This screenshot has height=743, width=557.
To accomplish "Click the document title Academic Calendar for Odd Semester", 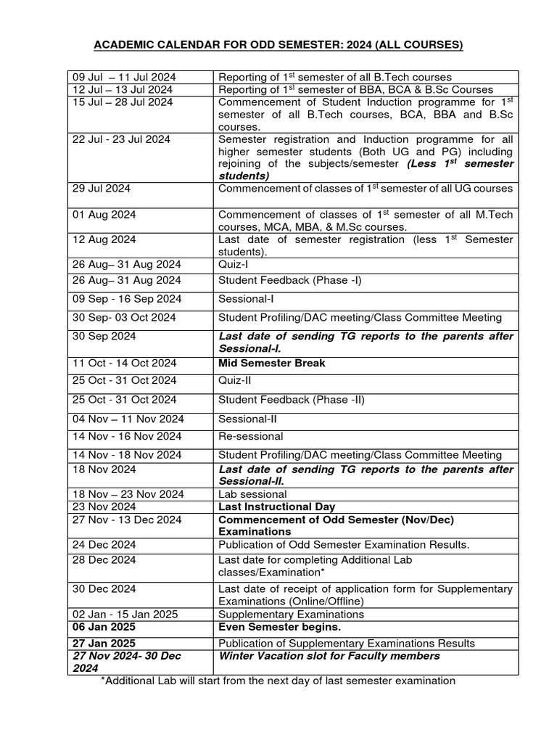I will (278, 46).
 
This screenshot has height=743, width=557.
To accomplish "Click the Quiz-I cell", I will (233, 265).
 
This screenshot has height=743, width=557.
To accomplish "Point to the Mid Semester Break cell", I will (272, 364).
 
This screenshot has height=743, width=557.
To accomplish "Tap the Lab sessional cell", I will (252, 494).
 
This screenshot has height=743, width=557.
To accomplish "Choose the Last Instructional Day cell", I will (276, 507).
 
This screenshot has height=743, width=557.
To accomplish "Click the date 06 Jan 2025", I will (104, 627).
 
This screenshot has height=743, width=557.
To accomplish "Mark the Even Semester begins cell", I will (279, 627).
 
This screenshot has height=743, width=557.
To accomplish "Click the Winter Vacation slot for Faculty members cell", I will (329, 656).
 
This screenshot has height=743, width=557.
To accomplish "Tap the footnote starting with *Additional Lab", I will (278, 681).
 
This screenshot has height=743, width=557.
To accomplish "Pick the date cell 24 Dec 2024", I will (104, 545).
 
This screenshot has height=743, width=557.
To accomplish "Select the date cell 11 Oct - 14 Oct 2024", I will (124, 364).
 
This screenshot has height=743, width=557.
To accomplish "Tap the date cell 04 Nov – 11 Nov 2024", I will (128, 419).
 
